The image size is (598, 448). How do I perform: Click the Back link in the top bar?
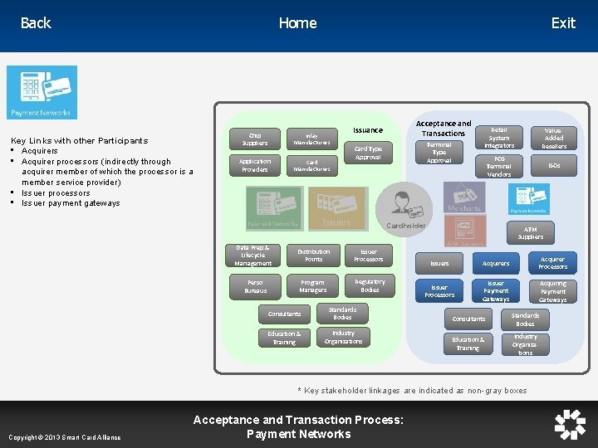click(36, 23)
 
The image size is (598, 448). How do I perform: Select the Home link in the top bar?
click(297, 23)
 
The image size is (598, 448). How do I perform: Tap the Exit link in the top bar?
click(563, 23)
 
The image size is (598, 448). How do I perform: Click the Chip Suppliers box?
click(255, 139)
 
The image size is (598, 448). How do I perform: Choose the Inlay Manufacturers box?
click(311, 139)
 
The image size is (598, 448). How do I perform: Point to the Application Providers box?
click(255, 165)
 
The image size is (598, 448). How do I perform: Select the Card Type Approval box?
click(368, 153)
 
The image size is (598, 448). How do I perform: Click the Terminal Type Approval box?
click(439, 152)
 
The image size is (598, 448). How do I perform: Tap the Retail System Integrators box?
click(499, 138)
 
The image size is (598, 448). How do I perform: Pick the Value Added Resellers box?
click(554, 138)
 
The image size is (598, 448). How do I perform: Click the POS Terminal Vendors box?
click(499, 166)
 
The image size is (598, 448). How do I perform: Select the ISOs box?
click(554, 166)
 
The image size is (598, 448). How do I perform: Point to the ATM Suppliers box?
click(531, 233)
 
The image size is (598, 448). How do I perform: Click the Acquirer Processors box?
click(552, 262)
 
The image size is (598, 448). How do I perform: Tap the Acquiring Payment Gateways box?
click(552, 291)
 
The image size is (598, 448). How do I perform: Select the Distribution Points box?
click(313, 255)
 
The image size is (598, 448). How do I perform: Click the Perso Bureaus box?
click(256, 286)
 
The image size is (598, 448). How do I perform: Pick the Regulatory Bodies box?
click(370, 285)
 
